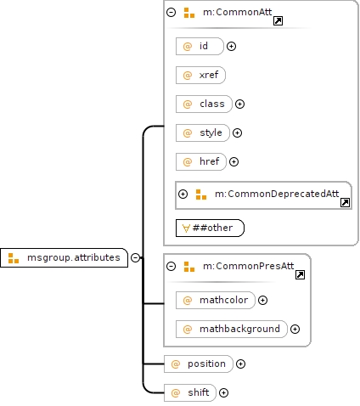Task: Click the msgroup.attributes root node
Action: pyautogui.click(x=64, y=257)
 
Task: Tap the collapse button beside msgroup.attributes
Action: pyautogui.click(x=135, y=257)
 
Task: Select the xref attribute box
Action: pyautogui.click(x=200, y=75)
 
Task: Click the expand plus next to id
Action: pyautogui.click(x=231, y=46)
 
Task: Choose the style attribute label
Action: pyautogui.click(x=211, y=133)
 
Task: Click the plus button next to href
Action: pyautogui.click(x=233, y=161)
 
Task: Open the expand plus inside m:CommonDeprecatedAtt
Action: pyautogui.click(x=183, y=194)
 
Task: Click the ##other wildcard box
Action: pyautogui.click(x=210, y=228)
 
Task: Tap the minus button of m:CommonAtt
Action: pyautogui.click(x=172, y=12)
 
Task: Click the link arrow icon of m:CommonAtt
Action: pyautogui.click(x=278, y=20)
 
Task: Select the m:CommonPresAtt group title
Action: pyautogui.click(x=249, y=266)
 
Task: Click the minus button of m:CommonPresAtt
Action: pyautogui.click(x=172, y=266)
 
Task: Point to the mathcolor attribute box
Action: pyautogui.click(x=216, y=300)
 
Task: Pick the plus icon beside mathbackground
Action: pyautogui.click(x=295, y=329)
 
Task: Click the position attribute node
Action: pyautogui.click(x=199, y=364)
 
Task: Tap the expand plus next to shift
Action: pyautogui.click(x=223, y=392)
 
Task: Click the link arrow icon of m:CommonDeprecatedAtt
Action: pyautogui.click(x=345, y=202)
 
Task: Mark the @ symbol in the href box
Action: pyautogui.click(x=188, y=161)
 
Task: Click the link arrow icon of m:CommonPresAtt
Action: pyautogui.click(x=300, y=274)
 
